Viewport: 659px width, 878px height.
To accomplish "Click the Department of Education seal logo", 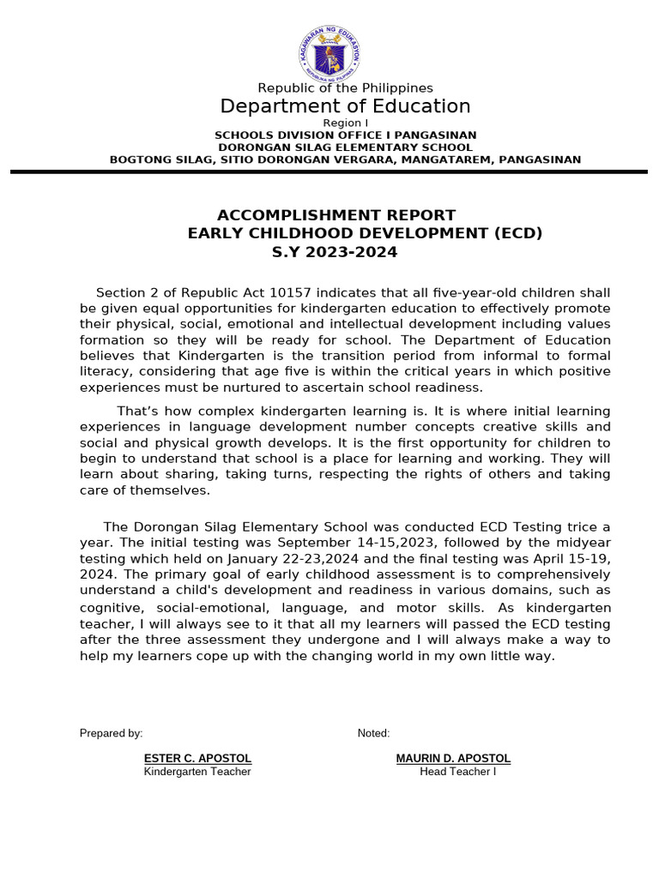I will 330,51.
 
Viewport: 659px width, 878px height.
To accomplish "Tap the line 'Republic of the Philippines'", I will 346,88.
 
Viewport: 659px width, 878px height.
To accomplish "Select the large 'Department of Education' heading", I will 345,106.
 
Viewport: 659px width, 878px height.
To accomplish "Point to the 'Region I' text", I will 345,123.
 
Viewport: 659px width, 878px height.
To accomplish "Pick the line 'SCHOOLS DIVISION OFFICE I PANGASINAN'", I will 345,135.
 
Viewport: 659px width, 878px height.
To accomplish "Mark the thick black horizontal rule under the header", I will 329,172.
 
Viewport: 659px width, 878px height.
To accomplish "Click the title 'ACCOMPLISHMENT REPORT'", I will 336,215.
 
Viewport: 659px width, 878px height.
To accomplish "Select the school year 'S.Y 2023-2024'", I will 335,252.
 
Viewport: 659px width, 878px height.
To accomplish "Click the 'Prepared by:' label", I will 112,733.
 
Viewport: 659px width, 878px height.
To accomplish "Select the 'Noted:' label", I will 373,733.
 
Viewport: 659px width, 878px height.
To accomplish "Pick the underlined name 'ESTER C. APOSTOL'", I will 197,759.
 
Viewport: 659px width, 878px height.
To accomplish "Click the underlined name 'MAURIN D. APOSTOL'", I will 453,759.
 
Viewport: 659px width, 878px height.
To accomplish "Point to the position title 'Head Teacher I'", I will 457,772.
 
